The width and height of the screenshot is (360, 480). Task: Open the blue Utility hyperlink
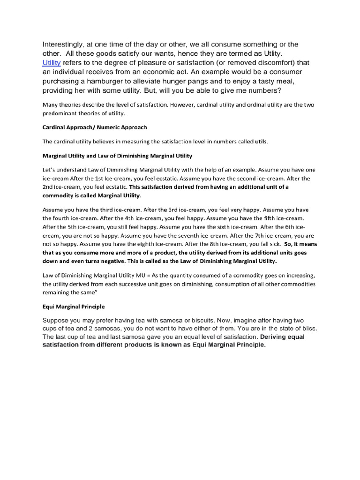[52, 62]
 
